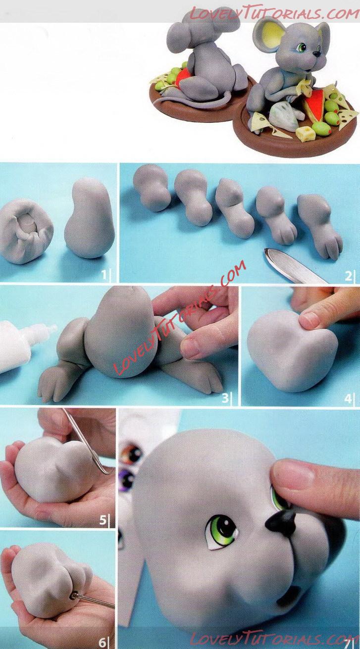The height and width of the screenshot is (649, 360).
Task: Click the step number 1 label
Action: coord(104,275)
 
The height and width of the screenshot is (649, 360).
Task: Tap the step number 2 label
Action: coord(348,276)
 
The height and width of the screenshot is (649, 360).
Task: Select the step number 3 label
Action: coord(225,398)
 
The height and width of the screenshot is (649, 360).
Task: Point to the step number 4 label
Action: coord(348,399)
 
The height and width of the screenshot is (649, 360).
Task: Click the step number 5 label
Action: coord(103,520)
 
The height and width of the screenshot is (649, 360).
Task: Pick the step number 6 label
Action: coord(103,643)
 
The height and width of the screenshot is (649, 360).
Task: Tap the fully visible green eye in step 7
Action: coord(223,532)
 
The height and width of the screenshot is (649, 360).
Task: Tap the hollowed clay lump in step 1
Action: coord(27,231)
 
